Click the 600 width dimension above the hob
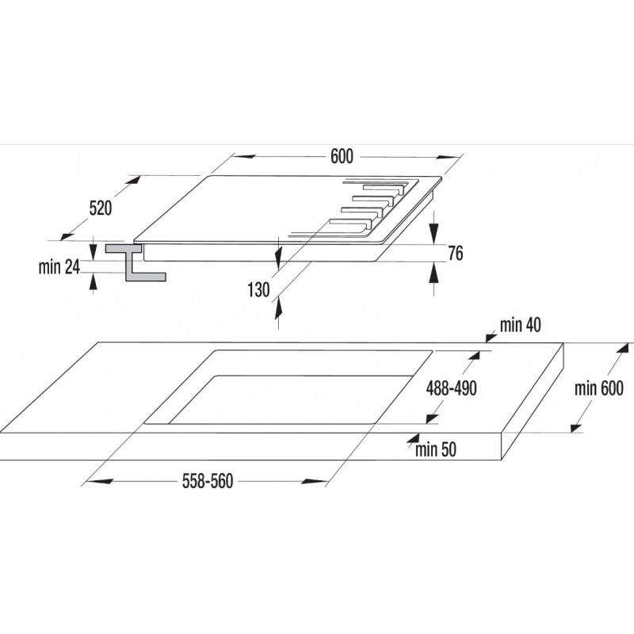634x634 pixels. click(342, 156)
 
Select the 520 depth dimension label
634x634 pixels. click(101, 208)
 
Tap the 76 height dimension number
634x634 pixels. click(455, 253)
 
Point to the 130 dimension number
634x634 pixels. click(258, 290)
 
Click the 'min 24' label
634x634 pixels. click(59, 267)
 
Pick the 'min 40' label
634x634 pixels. click(520, 325)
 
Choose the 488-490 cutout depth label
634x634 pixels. click(451, 388)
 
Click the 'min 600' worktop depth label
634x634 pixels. click(599, 388)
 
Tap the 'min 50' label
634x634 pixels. click(436, 449)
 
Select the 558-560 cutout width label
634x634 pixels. click(208, 481)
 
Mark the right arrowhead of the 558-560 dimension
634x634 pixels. click(314, 481)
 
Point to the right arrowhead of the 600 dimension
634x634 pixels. click(450, 156)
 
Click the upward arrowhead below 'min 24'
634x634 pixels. click(93, 281)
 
